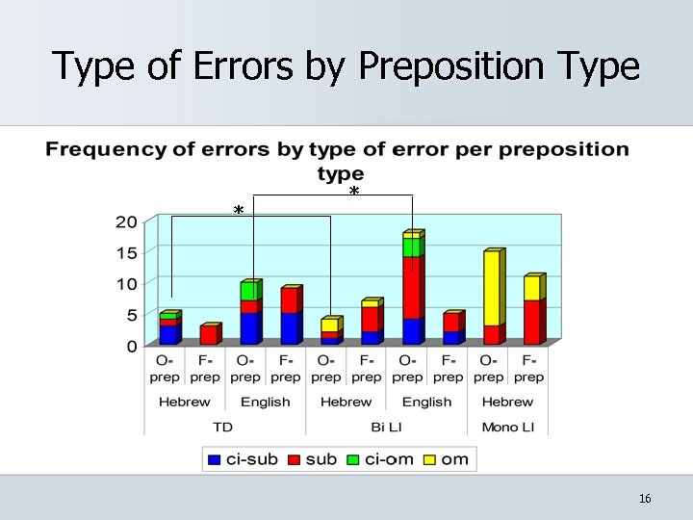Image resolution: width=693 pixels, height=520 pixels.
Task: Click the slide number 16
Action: (x=645, y=498)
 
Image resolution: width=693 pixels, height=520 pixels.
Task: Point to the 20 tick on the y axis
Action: (x=125, y=222)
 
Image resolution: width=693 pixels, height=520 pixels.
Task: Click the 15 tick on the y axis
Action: (x=125, y=253)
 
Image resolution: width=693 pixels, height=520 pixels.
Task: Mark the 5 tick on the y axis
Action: (x=131, y=315)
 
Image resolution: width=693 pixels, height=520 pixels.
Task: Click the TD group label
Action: (x=223, y=427)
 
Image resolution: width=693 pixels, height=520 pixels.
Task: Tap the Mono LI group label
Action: (x=506, y=427)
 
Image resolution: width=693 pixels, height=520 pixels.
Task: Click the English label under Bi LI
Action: (x=426, y=402)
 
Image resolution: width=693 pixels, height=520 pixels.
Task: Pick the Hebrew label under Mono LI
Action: (x=507, y=402)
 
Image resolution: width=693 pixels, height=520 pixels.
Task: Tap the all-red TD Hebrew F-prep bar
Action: (x=208, y=335)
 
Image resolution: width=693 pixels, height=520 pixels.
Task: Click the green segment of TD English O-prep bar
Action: (x=248, y=291)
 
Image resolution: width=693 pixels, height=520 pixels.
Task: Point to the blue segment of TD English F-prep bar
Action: (x=289, y=328)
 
